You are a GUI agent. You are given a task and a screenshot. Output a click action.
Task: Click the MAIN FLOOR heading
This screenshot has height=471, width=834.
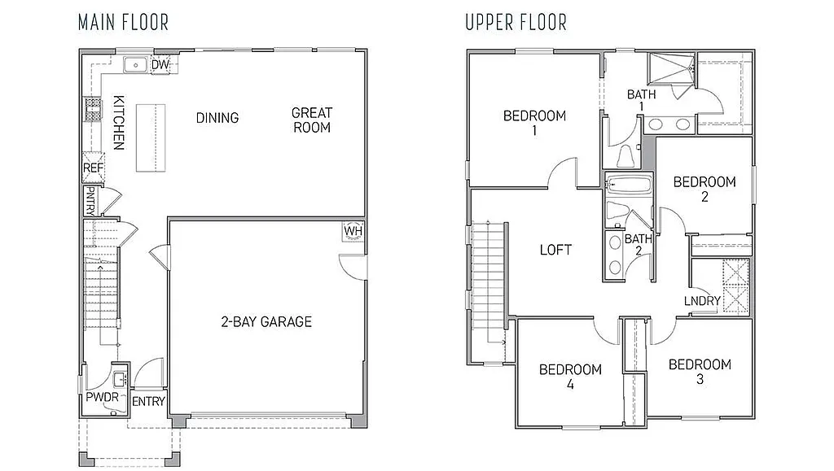pos(123,22)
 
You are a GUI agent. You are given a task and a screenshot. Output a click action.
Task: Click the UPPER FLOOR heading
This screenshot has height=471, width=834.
pos(516,22)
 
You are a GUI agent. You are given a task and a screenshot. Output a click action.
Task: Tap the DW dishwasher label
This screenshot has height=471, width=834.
pos(160,65)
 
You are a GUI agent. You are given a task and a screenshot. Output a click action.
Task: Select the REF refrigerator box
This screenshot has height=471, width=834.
pos(92,168)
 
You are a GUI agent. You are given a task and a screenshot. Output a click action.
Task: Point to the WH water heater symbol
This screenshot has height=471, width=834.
pos(353,230)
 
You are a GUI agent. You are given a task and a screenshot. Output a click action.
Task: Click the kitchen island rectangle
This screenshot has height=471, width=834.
pos(145,137)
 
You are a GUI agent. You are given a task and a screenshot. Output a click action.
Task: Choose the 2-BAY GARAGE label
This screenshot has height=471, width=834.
pos(266,321)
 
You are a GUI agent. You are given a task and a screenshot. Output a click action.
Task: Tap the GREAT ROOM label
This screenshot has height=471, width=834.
pos(312,120)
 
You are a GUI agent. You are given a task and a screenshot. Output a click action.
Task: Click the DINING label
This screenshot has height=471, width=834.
pos(217,118)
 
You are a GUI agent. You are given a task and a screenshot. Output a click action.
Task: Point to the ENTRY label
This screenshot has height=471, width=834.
pos(148,401)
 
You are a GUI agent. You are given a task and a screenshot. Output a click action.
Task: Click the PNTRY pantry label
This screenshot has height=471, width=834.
pos(91,200)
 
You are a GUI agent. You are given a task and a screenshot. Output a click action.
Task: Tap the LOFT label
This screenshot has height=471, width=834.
pos(555,250)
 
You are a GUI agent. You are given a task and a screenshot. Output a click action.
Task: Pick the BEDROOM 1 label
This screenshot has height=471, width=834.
pos(534,123)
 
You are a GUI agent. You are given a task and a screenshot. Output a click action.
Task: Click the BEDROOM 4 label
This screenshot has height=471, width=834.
pos(570,377)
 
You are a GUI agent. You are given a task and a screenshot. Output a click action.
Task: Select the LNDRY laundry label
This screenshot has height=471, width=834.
pos(702,301)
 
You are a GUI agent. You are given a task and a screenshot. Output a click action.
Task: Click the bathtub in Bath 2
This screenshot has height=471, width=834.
pos(628,185)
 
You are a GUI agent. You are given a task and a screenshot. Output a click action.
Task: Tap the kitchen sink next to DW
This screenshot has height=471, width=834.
pos(134,65)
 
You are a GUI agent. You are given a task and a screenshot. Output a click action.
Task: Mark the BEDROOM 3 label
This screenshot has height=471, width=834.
pos(700,372)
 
